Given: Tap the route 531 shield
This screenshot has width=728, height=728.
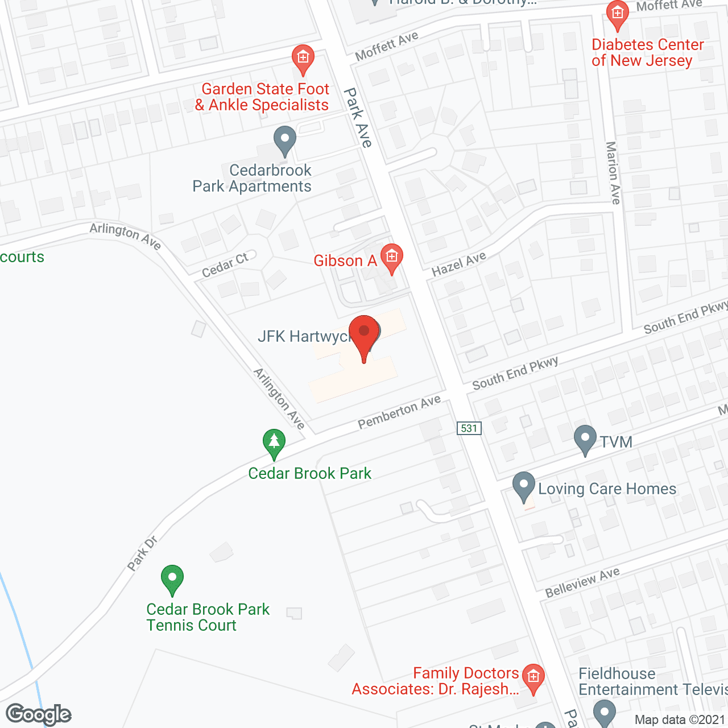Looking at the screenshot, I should click(x=469, y=428).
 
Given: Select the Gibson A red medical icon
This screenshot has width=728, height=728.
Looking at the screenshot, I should click(x=391, y=258).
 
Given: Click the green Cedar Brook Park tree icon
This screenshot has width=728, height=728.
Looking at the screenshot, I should click(x=274, y=442).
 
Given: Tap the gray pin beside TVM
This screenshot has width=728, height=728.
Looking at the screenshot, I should click(x=585, y=440).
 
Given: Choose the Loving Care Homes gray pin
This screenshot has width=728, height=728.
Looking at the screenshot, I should click(x=524, y=486).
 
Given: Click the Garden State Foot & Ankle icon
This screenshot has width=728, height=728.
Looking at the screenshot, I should click(x=303, y=58).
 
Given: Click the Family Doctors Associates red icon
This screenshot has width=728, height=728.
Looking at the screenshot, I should click(x=533, y=677).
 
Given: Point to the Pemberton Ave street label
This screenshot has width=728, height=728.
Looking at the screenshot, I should click(x=399, y=412).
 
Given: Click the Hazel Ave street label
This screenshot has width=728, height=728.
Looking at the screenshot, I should click(x=459, y=263).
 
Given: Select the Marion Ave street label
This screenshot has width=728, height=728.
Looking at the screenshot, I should click(x=613, y=173).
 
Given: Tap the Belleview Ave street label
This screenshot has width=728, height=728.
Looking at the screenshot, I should click(x=582, y=582).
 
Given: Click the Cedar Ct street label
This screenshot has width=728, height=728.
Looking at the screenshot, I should click(x=225, y=265).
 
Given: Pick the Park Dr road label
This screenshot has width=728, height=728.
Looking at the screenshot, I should click(x=142, y=553).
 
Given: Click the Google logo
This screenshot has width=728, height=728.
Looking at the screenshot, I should click(x=39, y=714).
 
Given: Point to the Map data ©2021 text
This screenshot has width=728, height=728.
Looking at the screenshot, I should click(x=680, y=719).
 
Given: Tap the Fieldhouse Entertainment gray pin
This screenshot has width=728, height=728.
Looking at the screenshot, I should click(x=604, y=712).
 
